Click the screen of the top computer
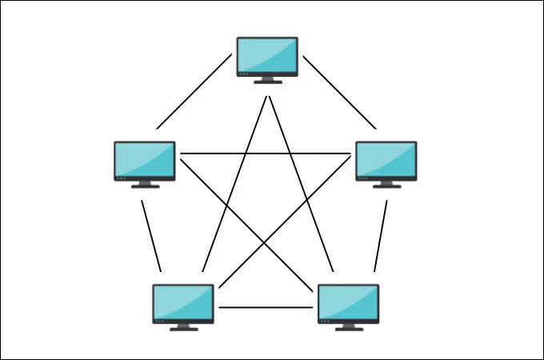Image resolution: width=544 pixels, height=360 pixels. (x=267, y=54)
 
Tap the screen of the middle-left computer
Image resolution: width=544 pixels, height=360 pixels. (x=145, y=159)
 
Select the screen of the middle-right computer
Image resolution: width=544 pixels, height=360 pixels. (x=386, y=159)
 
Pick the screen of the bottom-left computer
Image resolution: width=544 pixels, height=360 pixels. (x=183, y=302)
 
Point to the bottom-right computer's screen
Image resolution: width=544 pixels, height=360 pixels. (x=348, y=302)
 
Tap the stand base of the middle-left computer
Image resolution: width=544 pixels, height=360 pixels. (x=145, y=186)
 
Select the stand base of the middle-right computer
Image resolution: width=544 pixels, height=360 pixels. (x=386, y=186)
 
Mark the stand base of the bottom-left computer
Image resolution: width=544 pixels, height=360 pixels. (x=183, y=328)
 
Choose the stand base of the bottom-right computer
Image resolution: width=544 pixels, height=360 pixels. (x=348, y=328)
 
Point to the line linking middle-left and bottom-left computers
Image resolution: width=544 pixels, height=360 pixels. (x=151, y=235)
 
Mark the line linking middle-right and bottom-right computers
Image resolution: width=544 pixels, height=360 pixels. (x=380, y=235)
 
